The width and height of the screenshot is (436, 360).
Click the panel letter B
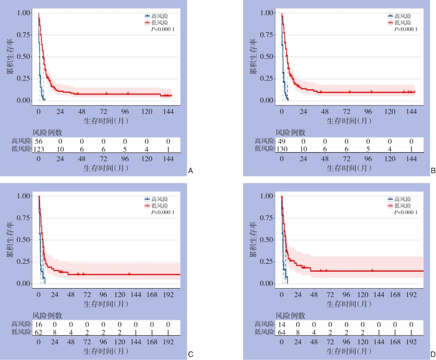point(433,169)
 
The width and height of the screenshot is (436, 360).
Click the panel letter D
point(433,355)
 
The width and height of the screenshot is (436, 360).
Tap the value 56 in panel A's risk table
point(38,140)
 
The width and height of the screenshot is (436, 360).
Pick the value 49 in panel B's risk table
point(282,140)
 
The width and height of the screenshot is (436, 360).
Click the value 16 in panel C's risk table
point(38,324)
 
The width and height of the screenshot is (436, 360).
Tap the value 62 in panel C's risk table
point(38,332)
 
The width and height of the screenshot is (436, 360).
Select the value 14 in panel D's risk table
point(282,324)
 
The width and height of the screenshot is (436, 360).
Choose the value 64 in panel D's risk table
point(282,332)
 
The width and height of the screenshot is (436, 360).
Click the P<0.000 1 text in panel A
point(161,30)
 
